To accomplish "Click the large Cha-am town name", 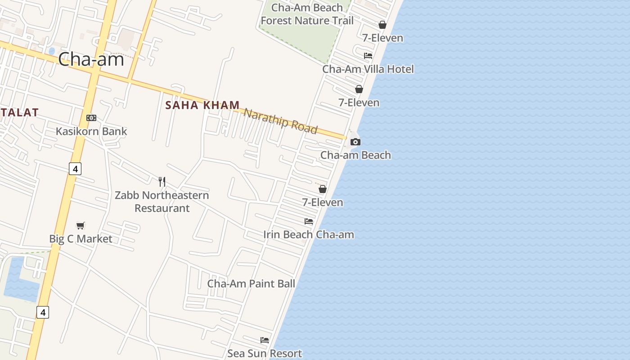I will coord(91,59).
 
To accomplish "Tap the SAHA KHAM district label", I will coord(202,105).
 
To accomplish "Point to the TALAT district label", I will coord(19,112).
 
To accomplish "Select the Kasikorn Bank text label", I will coord(91,131).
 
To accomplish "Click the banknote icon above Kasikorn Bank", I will coord(91,118).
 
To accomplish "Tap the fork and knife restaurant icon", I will coord(162,182).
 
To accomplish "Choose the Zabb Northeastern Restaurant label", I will coord(162,202).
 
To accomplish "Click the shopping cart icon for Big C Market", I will coord(81,225).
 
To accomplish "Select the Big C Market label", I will coord(81,238).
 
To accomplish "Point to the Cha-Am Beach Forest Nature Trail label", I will coord(307,14).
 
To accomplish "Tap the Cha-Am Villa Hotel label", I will coord(368,69).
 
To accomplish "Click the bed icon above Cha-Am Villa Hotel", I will coord(368,56).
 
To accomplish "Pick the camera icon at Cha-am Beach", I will coord(355,142).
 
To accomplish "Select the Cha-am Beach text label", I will coord(355,155).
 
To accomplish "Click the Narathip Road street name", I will coord(281,121).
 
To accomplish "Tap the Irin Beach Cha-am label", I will coord(309,234).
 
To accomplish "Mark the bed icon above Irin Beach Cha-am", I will coord(309,221).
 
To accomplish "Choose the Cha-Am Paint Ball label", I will coord(251,283).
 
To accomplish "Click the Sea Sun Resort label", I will coord(265,353).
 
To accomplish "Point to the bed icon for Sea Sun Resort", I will coord(265,340).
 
